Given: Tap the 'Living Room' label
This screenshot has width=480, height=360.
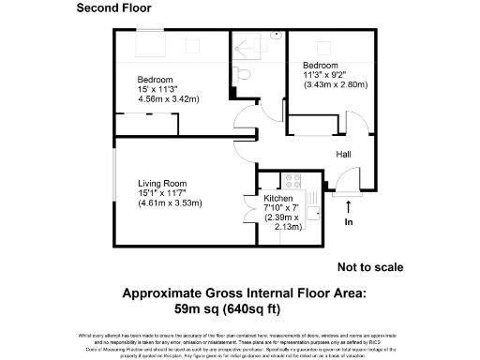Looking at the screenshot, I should pyautogui.click(x=163, y=184).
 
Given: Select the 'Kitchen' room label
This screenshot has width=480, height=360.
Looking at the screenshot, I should pyautogui.click(x=278, y=200).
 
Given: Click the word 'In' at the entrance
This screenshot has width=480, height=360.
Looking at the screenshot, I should pyautogui.click(x=350, y=223).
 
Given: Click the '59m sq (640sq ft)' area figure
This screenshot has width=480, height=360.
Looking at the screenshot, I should pyautogui.click(x=228, y=307).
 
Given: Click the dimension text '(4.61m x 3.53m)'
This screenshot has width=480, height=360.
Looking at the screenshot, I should pyautogui.click(x=170, y=203).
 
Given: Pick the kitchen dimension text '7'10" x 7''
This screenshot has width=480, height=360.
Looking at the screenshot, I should pyautogui.click(x=285, y=208).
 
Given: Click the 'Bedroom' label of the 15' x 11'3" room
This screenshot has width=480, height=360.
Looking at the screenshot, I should pyautogui.click(x=157, y=79).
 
